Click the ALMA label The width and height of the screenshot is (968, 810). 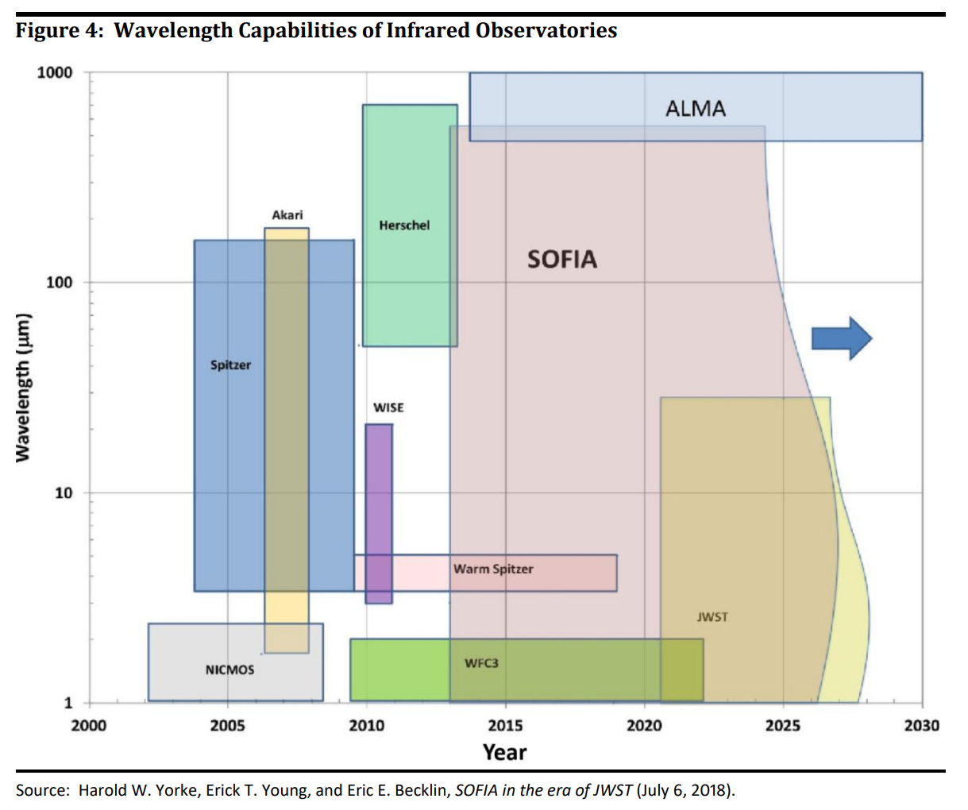coord(695,109)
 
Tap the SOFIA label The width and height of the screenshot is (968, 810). coord(561,260)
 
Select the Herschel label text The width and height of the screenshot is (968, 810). coord(404,226)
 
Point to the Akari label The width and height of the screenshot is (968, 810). coord(287,215)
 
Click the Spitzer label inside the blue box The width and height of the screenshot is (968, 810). coord(230,365)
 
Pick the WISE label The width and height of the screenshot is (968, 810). coord(388,407)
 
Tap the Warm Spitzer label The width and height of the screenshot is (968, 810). coord(493,569)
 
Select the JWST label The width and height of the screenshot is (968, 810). coord(712,617)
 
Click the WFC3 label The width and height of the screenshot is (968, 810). coord(481,663)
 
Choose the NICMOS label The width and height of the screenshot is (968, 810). coord(229,670)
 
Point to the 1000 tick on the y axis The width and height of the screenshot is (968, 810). coord(55,73)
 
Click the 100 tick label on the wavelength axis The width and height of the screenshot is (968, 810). coord(59,283)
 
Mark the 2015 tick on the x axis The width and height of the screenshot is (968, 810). coord(505,725)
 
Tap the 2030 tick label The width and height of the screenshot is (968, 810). coord(921,725)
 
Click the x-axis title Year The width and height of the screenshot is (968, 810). coord(504,752)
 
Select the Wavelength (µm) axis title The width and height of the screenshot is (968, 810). coord(24,387)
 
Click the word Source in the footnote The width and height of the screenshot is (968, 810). coord(40,790)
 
